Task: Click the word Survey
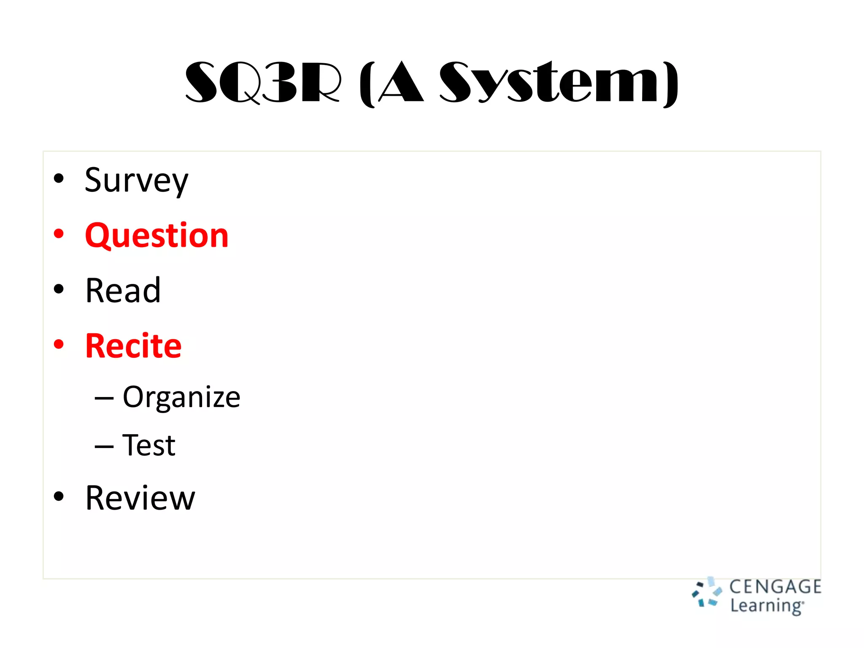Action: point(136,181)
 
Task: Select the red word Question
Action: point(157,235)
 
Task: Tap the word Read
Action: point(123,291)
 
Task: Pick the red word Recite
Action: point(133,346)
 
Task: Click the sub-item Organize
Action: point(181,397)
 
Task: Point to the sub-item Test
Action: point(149,445)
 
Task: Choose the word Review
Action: point(140,498)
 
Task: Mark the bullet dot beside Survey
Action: point(59,178)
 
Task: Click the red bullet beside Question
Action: point(59,234)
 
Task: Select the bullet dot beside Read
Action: point(59,289)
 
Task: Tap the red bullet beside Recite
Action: point(59,344)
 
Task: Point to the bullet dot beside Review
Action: point(59,497)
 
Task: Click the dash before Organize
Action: point(104,398)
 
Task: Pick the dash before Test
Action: point(104,446)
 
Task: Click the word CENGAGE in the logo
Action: point(775,587)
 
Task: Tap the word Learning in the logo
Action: point(767,606)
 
